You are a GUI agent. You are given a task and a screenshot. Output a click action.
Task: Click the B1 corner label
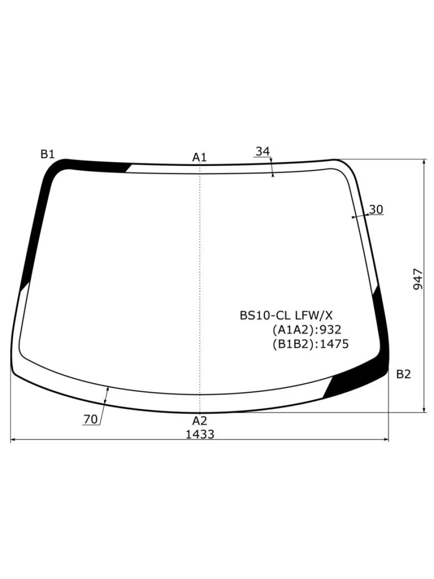pyautogui.click(x=47, y=154)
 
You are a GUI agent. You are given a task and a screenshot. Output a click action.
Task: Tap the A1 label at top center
pyautogui.click(x=200, y=157)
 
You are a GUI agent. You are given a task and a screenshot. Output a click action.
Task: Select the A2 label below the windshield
pyautogui.click(x=200, y=421)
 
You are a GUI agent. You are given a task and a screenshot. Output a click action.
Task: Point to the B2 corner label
pyautogui.click(x=404, y=374)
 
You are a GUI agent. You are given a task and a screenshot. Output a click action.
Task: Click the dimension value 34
pyautogui.click(x=263, y=152)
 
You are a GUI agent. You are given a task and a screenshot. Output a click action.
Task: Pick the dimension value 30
pyautogui.click(x=376, y=209)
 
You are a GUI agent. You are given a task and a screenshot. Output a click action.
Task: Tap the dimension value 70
pyautogui.click(x=90, y=419)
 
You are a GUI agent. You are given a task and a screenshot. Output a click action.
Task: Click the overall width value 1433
pyautogui.click(x=200, y=434)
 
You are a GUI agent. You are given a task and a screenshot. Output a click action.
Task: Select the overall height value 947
pyautogui.click(x=418, y=279)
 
